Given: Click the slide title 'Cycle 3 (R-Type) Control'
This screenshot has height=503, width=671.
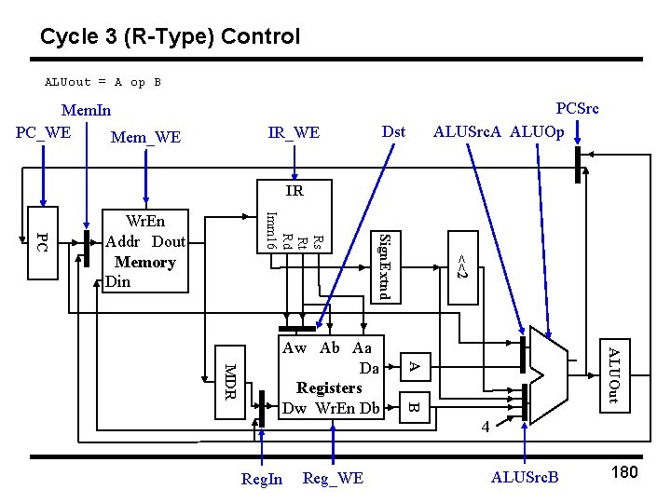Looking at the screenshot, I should tap(170, 37).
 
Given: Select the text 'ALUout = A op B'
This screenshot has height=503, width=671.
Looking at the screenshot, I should tap(103, 82).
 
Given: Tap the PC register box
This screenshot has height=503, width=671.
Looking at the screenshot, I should tap(41, 242).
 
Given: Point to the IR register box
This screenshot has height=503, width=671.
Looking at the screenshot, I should tap(294, 192).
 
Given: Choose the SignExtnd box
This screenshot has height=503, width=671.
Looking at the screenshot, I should tap(386, 265).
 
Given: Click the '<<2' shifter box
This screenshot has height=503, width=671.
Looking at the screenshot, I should tap(460, 265).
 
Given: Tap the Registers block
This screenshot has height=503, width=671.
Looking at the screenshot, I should tap(331, 376).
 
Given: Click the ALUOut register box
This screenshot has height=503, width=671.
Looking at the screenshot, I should tap(613, 374).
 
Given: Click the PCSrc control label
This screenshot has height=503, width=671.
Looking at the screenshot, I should tap(577, 109).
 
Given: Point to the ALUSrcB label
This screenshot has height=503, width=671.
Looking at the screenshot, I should tap(525, 479).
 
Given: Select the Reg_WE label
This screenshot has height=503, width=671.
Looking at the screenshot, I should tap(333, 479).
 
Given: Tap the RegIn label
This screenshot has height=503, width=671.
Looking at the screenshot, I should tap(261, 480).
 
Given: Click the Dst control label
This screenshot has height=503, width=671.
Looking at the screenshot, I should tap(394, 132).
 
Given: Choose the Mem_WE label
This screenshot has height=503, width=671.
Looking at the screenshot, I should tap(145, 138).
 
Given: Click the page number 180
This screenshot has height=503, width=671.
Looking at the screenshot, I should tap(623, 472).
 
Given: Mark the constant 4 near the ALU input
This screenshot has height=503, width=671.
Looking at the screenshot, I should tap(485, 427).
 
